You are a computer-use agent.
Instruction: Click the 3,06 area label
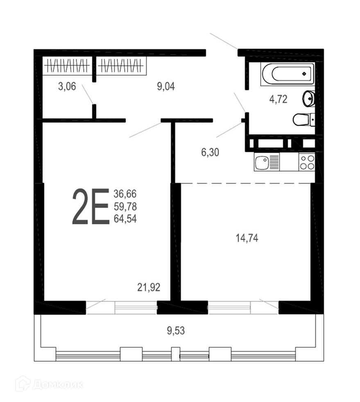(x=67, y=86)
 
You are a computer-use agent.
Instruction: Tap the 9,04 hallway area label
(x=166, y=86)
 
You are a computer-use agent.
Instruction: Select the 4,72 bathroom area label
(x=278, y=99)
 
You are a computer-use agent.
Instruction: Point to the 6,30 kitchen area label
(x=210, y=152)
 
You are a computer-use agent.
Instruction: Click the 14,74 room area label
(x=247, y=238)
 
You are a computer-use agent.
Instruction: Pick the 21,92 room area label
(x=149, y=287)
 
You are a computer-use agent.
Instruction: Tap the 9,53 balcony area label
(x=176, y=331)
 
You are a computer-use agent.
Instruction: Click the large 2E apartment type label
(x=91, y=206)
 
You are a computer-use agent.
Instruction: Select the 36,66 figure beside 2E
(x=125, y=194)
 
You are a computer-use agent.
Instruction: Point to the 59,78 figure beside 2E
(x=125, y=207)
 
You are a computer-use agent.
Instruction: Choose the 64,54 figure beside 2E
(x=125, y=219)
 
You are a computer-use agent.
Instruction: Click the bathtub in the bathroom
(x=288, y=74)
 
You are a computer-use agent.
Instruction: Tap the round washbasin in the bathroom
(x=309, y=98)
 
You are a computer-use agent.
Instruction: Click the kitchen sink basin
(x=262, y=162)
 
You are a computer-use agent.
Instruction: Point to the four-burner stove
(x=307, y=162)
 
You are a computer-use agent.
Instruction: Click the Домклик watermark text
(x=58, y=384)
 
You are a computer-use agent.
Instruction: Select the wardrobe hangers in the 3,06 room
(x=67, y=66)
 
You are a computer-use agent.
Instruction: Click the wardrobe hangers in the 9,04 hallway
(x=120, y=66)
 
